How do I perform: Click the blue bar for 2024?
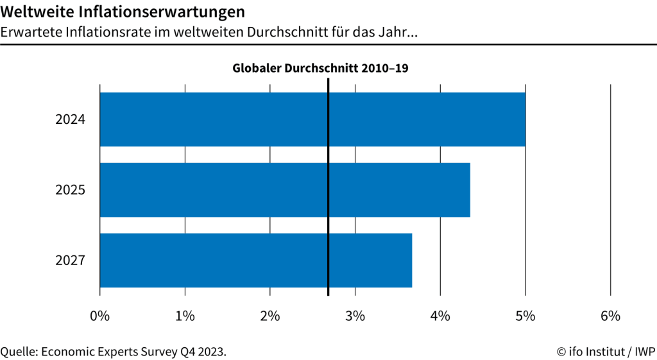point(312,119)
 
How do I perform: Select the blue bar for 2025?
point(285,190)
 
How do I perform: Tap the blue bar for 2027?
point(256,260)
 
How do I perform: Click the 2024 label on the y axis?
point(71,119)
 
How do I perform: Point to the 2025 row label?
point(71,190)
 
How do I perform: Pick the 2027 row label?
point(71,261)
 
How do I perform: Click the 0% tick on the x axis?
point(100,316)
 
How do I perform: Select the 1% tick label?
point(185,316)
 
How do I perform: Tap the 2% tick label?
point(270,316)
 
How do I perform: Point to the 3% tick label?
point(355,316)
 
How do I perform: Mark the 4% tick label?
point(440,316)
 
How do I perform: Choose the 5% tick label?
point(525,316)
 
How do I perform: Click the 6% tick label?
point(610,316)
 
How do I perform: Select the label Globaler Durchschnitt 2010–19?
point(320,68)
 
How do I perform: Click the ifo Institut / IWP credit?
point(606,352)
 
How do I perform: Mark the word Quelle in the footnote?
point(19,352)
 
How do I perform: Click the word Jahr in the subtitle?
point(401,31)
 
